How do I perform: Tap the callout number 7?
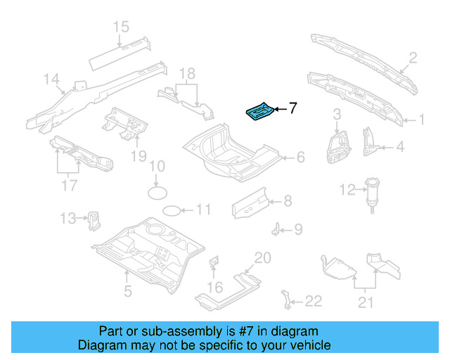(292, 108)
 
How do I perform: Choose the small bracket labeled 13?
(92, 220)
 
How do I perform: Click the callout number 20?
(262, 257)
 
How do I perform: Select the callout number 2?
(413, 58)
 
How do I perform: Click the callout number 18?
(186, 74)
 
